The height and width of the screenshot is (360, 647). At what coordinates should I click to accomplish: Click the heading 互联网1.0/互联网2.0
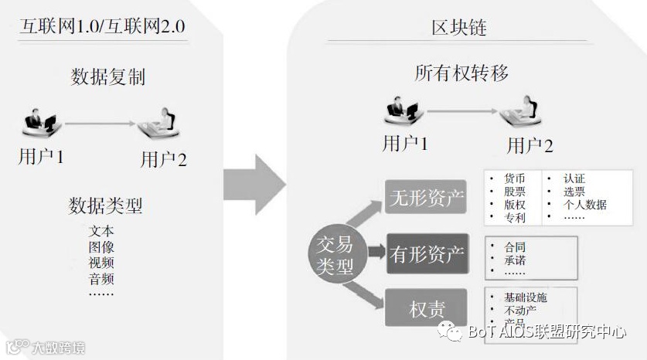pos(102,29)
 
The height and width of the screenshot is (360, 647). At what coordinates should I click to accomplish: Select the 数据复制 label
pos(107,77)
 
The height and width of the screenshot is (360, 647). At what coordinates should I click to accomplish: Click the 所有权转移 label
pos(461,73)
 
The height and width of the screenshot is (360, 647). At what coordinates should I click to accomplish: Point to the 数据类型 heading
pos(105,205)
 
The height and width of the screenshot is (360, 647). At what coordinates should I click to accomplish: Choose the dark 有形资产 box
pos(427,253)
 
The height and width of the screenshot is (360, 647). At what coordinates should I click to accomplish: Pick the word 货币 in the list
pos(514,178)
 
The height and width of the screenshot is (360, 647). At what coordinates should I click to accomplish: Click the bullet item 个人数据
pos(584,205)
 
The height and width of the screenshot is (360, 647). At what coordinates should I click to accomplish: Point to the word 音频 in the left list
pos(101,278)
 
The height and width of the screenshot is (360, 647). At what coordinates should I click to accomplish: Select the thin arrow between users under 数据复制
pos(100,122)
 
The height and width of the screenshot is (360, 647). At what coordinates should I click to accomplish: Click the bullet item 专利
pos(514,218)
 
